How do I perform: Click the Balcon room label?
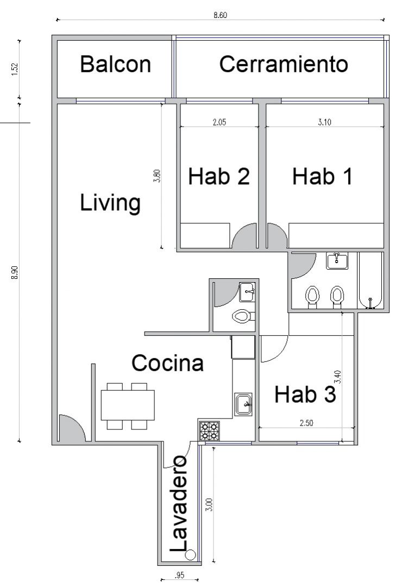point(115,64)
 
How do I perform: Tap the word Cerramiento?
point(284,64)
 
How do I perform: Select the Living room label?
point(110,203)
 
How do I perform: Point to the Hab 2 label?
point(219,176)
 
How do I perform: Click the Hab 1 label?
point(322,176)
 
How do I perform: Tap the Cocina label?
point(167,363)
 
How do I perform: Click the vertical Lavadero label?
point(179,503)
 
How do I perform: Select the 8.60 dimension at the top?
point(220,15)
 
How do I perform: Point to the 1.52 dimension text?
point(15,69)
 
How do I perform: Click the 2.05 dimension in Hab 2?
point(219,122)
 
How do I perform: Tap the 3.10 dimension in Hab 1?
point(324,122)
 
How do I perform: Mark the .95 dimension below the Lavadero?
point(179,576)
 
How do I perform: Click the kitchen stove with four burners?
point(209,431)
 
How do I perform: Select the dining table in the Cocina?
point(128,405)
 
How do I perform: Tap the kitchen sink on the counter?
point(243,404)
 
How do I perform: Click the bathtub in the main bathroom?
point(370,280)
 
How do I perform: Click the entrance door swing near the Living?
point(72,428)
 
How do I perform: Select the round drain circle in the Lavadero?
point(191,555)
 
